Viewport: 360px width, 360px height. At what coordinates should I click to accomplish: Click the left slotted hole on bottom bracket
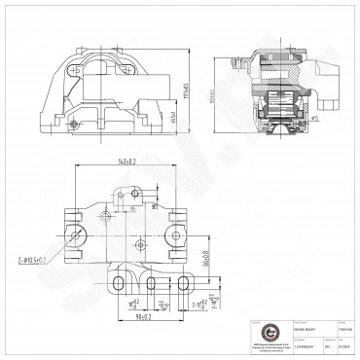[x=118, y=282]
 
